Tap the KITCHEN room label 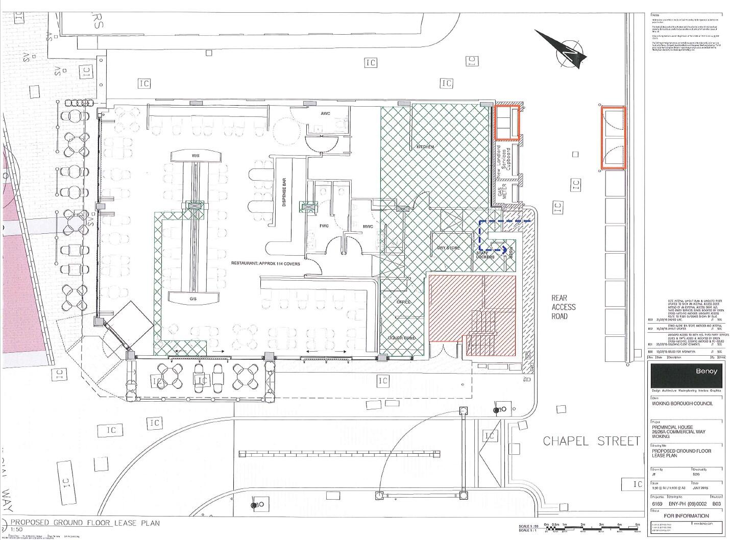[425, 147]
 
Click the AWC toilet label [327, 113]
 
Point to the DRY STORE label [448, 248]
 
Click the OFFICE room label [404, 302]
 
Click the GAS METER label [502, 193]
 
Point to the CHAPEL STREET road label [591, 441]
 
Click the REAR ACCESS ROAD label [563, 307]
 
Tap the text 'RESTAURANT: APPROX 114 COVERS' [265, 264]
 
